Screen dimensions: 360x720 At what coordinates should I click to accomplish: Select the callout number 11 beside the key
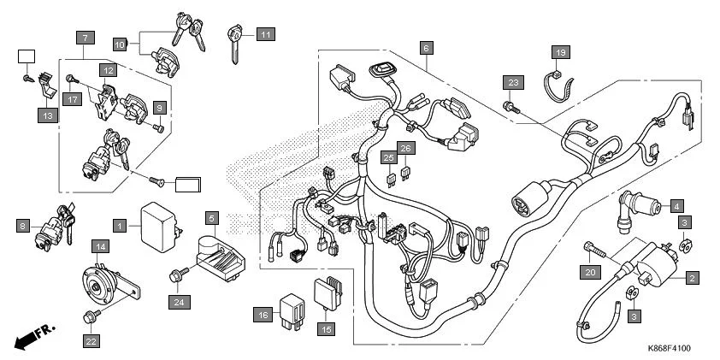[266, 35]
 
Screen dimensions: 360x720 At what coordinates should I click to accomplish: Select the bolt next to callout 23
[510, 107]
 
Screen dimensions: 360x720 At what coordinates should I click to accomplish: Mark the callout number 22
[91, 341]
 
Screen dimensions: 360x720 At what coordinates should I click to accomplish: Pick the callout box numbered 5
[212, 218]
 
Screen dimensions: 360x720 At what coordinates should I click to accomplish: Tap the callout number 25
[388, 157]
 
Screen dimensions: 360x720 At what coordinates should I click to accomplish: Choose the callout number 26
[407, 149]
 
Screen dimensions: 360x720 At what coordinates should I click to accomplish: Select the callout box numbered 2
[692, 277]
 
